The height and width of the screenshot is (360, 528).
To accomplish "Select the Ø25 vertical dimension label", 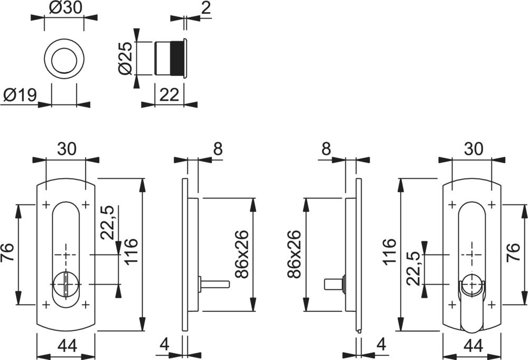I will click(125, 59).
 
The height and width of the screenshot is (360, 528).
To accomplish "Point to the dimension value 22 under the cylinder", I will click(169, 95).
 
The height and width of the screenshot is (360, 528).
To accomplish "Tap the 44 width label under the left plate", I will click(67, 346).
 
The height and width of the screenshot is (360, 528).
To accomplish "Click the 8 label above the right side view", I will click(326, 149).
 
